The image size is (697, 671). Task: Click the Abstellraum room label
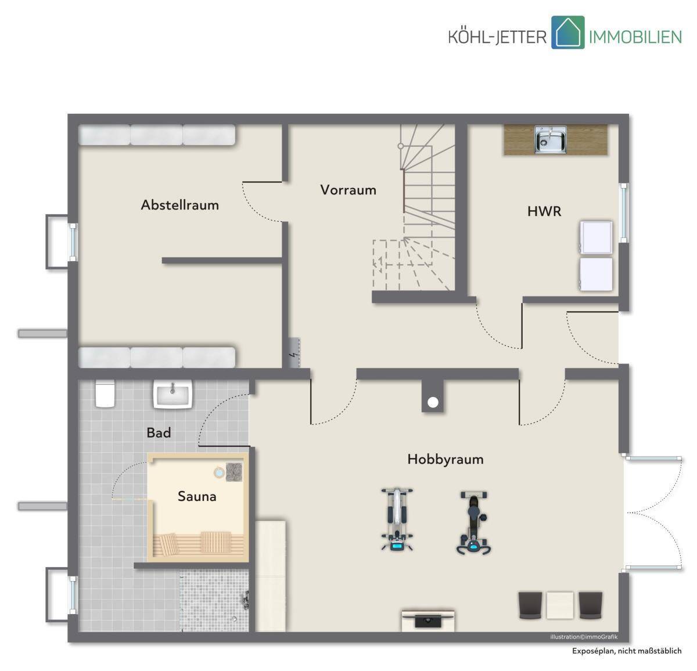pos(180,205)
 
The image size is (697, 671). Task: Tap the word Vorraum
pos(348,190)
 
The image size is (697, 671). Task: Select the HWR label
pos(544,211)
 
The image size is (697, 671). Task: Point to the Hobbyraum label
pos(445,459)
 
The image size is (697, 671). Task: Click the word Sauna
pos(197,496)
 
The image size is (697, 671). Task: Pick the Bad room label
pos(159,432)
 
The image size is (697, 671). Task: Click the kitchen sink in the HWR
pos(551,139)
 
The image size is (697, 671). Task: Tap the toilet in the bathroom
pos(105,394)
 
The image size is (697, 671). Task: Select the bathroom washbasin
pos(173,394)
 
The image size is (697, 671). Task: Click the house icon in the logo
pos(567,32)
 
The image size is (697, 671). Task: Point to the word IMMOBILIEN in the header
pos(635,37)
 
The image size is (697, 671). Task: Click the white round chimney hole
pos(433,403)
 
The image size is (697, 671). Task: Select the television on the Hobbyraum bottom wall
pos(428,621)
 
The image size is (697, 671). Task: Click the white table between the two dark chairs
pos(560,605)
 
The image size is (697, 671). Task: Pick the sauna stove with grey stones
pos(234,472)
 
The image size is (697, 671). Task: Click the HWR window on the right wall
pos(624,213)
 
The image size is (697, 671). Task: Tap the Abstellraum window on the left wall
pos(73,242)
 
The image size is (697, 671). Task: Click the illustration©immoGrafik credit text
pos(584,637)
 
